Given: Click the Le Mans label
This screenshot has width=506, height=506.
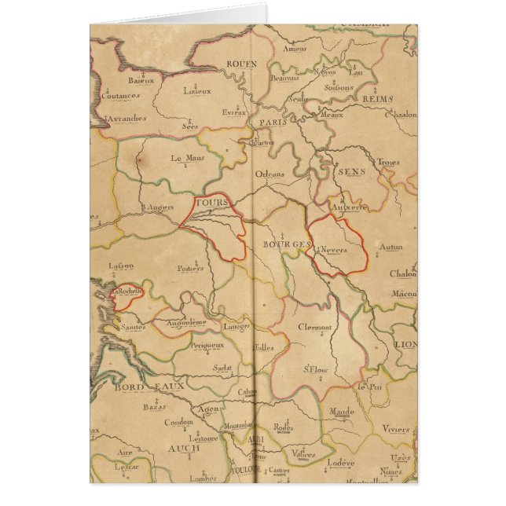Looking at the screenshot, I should pos(186,158).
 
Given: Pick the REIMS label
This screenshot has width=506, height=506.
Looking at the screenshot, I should pos(378,99).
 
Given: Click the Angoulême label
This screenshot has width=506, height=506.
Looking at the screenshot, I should pos(186,322).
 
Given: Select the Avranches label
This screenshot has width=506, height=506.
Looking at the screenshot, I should pos(126,119).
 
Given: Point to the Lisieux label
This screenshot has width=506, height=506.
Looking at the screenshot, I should pos(197,90).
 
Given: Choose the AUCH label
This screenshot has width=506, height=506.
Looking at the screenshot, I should pos(184,449).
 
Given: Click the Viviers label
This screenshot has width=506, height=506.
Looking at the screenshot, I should pos(396,430).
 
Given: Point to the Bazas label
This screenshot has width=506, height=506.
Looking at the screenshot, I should pos(154,407).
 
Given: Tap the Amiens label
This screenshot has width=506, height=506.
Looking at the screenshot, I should pos(296,49).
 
